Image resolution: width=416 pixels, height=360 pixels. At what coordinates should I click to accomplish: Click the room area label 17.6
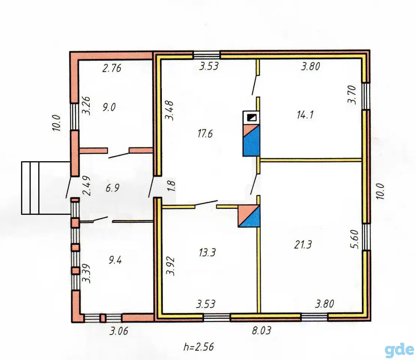pos(205,133)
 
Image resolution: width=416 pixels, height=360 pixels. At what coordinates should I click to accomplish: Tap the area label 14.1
pos(305,115)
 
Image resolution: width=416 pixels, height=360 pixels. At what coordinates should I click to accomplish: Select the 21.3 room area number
pos(303,244)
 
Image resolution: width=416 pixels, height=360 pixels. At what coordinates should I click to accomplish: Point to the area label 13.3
pos(207,252)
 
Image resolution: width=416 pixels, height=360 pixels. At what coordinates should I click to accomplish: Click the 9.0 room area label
pos(109,107)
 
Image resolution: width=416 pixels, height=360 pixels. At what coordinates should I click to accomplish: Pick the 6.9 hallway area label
pos(113,188)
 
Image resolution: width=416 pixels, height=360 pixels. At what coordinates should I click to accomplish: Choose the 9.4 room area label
pos(115,260)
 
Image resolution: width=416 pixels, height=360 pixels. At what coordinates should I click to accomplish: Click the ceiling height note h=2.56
pos(199,347)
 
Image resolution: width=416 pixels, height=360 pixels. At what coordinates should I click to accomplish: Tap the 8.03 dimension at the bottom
pos(262,330)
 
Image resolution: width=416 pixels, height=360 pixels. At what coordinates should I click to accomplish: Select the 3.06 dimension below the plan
pos(119,331)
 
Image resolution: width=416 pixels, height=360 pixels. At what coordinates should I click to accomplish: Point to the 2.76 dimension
pos(112,68)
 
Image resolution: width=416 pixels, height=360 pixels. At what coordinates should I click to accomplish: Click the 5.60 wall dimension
pos(355,239)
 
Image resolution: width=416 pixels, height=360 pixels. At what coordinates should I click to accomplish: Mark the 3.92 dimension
pos(171,266)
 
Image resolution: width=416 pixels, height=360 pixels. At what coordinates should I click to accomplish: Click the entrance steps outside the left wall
pos(46,188)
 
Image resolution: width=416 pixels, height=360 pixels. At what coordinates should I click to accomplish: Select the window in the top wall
pos(206,55)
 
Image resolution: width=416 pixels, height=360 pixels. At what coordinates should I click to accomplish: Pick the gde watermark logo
pos(399,349)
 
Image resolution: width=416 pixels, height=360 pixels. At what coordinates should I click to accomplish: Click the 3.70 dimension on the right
pos(352,94)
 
